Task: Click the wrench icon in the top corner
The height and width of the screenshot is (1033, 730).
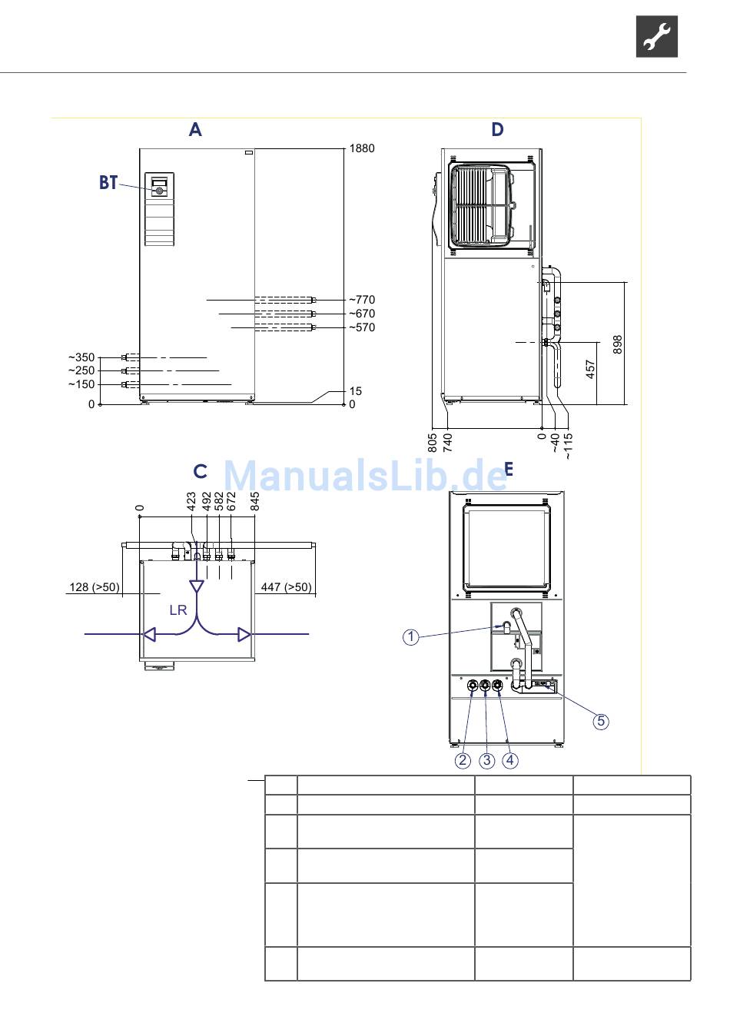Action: [x=657, y=36]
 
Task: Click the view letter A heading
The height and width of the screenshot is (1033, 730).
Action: [x=195, y=130]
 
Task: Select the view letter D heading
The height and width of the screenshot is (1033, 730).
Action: [x=497, y=130]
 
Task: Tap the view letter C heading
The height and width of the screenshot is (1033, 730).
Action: [x=200, y=471]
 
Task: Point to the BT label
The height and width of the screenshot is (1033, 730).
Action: [x=108, y=183]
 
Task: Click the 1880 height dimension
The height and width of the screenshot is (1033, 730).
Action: [x=362, y=148]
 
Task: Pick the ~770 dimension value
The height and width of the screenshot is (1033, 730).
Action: [x=361, y=300]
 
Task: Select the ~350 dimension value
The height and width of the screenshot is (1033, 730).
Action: [x=81, y=357]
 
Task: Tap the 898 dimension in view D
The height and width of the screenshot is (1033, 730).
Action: [x=618, y=344]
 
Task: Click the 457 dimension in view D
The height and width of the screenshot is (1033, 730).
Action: [x=590, y=370]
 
